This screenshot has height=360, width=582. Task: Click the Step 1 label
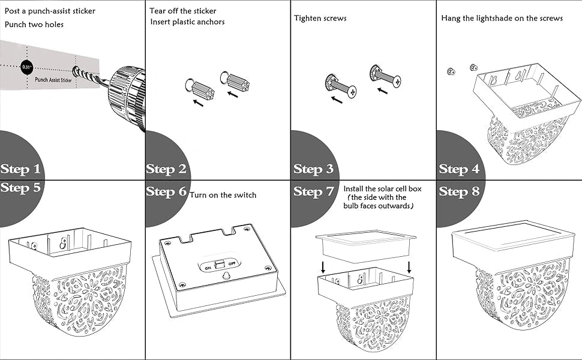[x=22, y=169]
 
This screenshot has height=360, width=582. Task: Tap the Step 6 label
[x=166, y=191]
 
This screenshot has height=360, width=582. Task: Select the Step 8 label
[x=459, y=191]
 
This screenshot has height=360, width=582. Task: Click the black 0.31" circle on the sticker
[x=27, y=67]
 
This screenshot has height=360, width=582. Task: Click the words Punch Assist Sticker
[x=53, y=79]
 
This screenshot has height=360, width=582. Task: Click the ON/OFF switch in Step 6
[x=220, y=263]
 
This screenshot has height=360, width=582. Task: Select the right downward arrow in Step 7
[x=409, y=266]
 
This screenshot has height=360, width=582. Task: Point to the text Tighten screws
[x=320, y=18]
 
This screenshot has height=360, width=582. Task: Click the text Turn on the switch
[x=223, y=195]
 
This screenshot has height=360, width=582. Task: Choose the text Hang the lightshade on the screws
[x=502, y=18]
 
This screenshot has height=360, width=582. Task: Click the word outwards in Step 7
[x=395, y=206]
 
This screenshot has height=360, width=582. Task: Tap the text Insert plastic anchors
[x=188, y=22]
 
